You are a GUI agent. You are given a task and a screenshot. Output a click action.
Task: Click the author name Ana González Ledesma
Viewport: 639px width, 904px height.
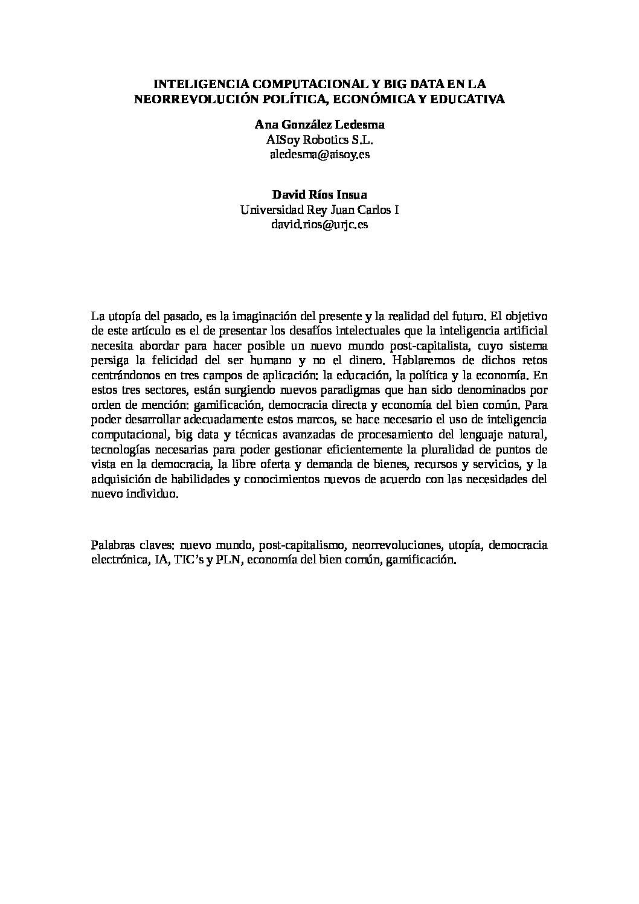point(319,125)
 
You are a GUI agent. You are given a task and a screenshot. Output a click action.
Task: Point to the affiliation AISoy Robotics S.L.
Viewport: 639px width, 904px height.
point(319,139)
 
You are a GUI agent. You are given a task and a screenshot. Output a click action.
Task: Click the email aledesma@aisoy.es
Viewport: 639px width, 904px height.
point(319,155)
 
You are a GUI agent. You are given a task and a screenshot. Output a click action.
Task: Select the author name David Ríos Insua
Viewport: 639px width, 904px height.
point(319,195)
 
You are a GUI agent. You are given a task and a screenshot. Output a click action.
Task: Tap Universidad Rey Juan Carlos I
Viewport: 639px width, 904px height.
point(319,210)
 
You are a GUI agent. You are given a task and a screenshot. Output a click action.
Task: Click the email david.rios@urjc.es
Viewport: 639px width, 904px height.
point(319,225)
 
